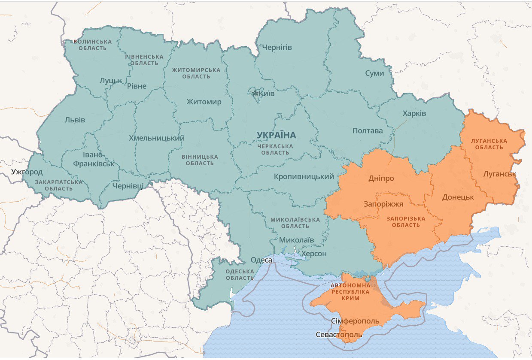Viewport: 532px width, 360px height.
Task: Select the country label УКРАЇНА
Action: click(276, 135)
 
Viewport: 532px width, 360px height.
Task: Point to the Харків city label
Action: click(414, 113)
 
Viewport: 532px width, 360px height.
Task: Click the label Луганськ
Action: click(499, 174)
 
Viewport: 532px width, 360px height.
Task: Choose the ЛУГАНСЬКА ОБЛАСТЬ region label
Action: click(489, 144)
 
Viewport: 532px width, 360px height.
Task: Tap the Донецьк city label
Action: click(458, 197)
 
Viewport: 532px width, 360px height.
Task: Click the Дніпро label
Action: click(381, 178)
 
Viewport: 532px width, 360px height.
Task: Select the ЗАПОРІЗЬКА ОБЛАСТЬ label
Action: click(405, 222)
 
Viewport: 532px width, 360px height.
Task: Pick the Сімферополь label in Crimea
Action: click(356, 321)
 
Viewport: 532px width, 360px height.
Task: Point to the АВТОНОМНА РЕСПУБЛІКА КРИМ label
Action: click(350, 291)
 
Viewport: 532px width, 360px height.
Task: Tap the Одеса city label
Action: click(261, 260)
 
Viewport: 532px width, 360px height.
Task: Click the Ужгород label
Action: click(27, 172)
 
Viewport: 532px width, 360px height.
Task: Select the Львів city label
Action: click(75, 120)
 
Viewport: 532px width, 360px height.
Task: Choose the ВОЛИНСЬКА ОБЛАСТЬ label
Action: click(92, 45)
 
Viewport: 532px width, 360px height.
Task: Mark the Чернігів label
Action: click(277, 47)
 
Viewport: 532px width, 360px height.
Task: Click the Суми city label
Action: click(374, 73)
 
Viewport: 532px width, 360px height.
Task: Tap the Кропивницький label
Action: click(304, 177)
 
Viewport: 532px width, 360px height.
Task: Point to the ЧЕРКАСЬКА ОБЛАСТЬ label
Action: click(275, 149)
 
